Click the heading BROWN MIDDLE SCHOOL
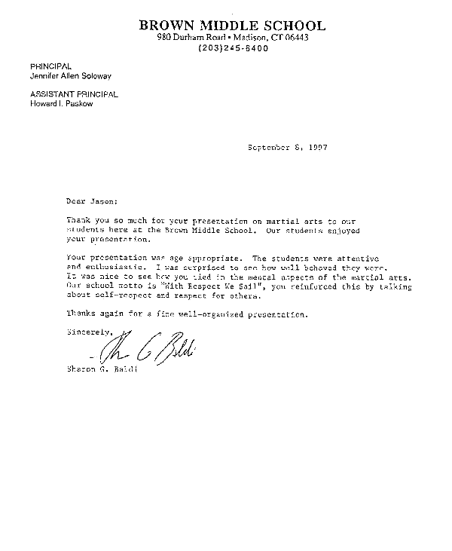pos(233,26)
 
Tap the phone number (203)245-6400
pos(233,47)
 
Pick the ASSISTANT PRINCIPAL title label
pos(74,93)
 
